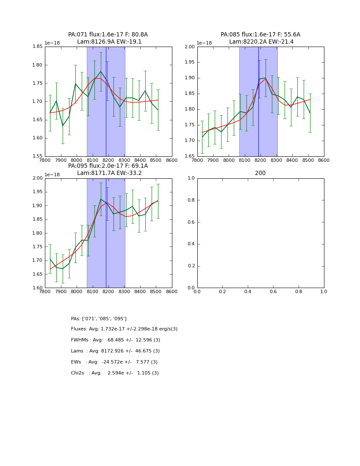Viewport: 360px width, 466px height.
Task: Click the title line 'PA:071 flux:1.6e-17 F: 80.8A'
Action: pos(108,35)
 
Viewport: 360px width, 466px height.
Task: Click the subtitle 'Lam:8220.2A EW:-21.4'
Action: pos(261,42)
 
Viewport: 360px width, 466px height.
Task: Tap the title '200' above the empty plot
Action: pos(260,173)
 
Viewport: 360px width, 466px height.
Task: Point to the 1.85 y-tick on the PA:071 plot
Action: pos(37,47)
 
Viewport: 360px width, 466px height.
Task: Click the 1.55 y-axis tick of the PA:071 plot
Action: pos(37,156)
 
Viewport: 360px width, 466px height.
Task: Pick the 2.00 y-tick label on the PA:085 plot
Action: pos(189,47)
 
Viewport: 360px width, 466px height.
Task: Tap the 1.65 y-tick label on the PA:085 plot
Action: pos(189,156)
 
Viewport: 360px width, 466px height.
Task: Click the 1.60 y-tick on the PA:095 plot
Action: pos(37,288)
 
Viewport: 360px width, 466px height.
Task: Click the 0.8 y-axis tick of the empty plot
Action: pos(191,200)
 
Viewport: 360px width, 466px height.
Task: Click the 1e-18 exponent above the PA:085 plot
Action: pos(204,43)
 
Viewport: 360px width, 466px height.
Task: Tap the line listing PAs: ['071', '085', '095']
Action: pos(99,319)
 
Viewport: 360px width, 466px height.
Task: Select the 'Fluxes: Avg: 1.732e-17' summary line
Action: pos(124,329)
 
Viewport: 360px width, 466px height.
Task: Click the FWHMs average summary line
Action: pos(116,340)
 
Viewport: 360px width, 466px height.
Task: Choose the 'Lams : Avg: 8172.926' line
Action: pos(115,351)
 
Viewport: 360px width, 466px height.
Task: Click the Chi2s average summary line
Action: pos(115,373)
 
